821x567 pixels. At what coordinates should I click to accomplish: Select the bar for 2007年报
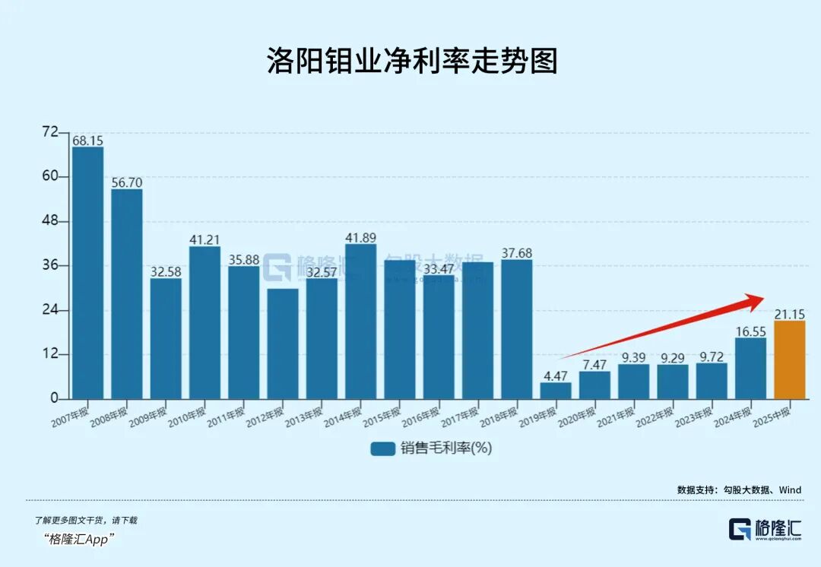tap(87, 273)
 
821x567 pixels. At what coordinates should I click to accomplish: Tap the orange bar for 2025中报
tap(789, 360)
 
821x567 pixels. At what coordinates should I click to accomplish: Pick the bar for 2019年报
tap(556, 391)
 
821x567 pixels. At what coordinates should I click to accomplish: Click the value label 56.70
tap(126, 182)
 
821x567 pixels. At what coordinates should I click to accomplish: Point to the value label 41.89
tap(360, 238)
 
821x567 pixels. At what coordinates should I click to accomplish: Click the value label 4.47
tap(556, 375)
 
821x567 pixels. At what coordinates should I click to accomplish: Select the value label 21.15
tap(789, 314)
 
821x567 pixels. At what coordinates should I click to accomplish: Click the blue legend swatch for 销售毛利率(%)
tap(382, 448)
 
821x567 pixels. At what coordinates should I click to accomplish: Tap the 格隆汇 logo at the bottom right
tap(764, 528)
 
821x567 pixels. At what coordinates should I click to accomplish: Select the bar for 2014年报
tap(360, 322)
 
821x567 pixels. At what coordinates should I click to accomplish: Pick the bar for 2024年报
tap(750, 368)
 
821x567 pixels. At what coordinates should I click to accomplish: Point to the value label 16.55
tap(750, 331)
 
